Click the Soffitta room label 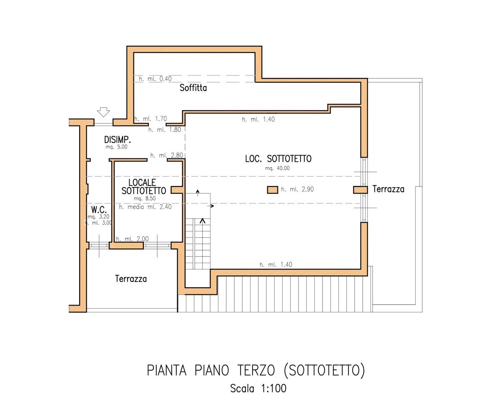193,88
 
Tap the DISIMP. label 118,140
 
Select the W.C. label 99,209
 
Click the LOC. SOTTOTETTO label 278,159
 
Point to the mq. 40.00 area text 278,168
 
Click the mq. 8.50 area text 145,198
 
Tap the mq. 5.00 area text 117,147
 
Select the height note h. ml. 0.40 155,79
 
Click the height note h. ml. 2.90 297,189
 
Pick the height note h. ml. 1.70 150,119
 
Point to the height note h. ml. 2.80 167,155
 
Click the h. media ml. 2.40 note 145,207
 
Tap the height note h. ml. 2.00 133,239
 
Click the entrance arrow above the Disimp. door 103,112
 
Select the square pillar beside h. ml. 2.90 273,190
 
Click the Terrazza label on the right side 388,189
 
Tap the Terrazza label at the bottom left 131,279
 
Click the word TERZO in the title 256,370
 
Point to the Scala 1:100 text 258,389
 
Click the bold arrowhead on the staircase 203,221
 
